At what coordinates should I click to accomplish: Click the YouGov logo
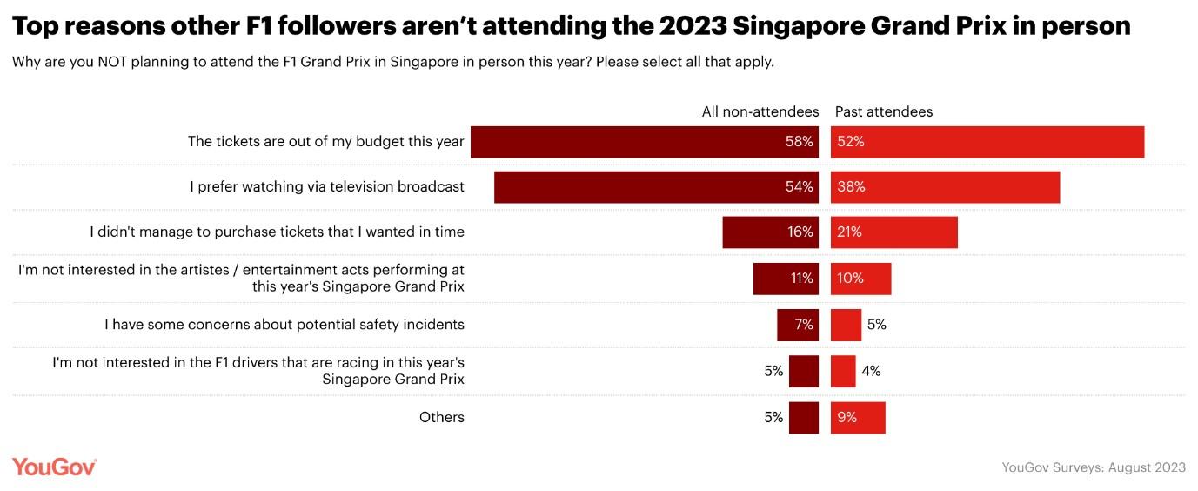54,467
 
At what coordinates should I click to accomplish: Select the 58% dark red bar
644,142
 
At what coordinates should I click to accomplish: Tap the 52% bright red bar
987,142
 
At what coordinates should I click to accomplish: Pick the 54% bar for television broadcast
656,187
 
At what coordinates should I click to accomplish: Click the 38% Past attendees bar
945,187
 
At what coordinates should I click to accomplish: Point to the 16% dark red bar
770,232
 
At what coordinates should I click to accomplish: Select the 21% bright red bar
893,232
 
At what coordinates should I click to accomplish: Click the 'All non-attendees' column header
760,111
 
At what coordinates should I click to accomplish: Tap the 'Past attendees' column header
883,111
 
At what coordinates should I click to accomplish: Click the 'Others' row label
441,417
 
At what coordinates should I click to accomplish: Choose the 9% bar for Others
858,417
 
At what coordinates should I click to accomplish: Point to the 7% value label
804,325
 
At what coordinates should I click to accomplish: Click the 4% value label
871,371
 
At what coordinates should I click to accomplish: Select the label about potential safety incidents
284,325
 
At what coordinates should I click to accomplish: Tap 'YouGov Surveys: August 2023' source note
1094,467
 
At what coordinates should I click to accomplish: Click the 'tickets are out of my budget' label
326,141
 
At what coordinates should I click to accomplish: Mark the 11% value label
801,279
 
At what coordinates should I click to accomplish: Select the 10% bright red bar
860,279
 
